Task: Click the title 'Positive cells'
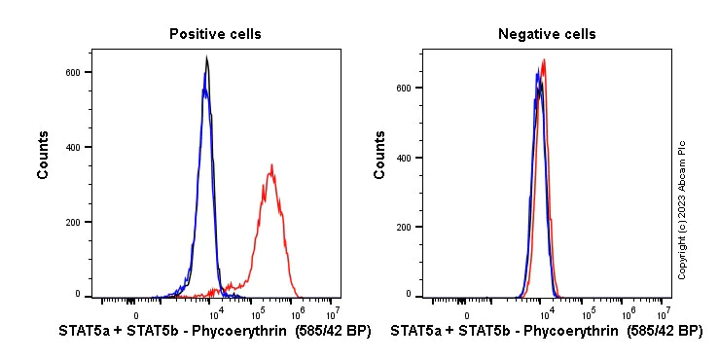pos(215,34)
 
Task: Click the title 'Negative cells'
pos(547,34)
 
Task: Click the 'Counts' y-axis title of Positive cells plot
pos(44,157)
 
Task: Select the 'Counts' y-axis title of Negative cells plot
pos(380,157)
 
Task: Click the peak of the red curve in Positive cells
pos(272,165)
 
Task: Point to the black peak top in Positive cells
pos(206,58)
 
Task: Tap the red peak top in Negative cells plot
pos(544,60)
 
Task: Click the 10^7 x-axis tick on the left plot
pos(333,313)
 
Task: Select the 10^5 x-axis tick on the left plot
pos(258,313)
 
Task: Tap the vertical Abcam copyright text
pos(682,209)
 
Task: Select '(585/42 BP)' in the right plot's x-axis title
pos(665,332)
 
